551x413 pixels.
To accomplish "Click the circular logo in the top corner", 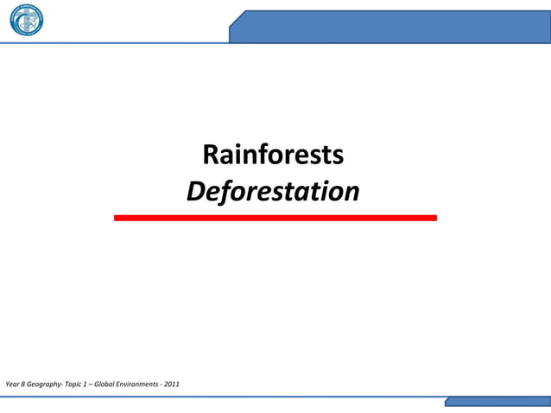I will pos(26,21).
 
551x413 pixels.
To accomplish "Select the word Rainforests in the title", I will pos(273,156).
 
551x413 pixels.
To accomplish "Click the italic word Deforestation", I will pos(273,192).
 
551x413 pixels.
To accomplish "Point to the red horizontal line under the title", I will pos(275,218).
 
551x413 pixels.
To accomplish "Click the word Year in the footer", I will pos(11,383).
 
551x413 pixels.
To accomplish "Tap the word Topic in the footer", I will pos(75,383).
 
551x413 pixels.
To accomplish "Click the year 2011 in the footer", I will pos(173,383).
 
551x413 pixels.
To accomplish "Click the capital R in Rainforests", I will pos(210,156).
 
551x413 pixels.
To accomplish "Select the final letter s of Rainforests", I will pos(339,157).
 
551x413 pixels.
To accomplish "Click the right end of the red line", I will pos(434,218).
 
